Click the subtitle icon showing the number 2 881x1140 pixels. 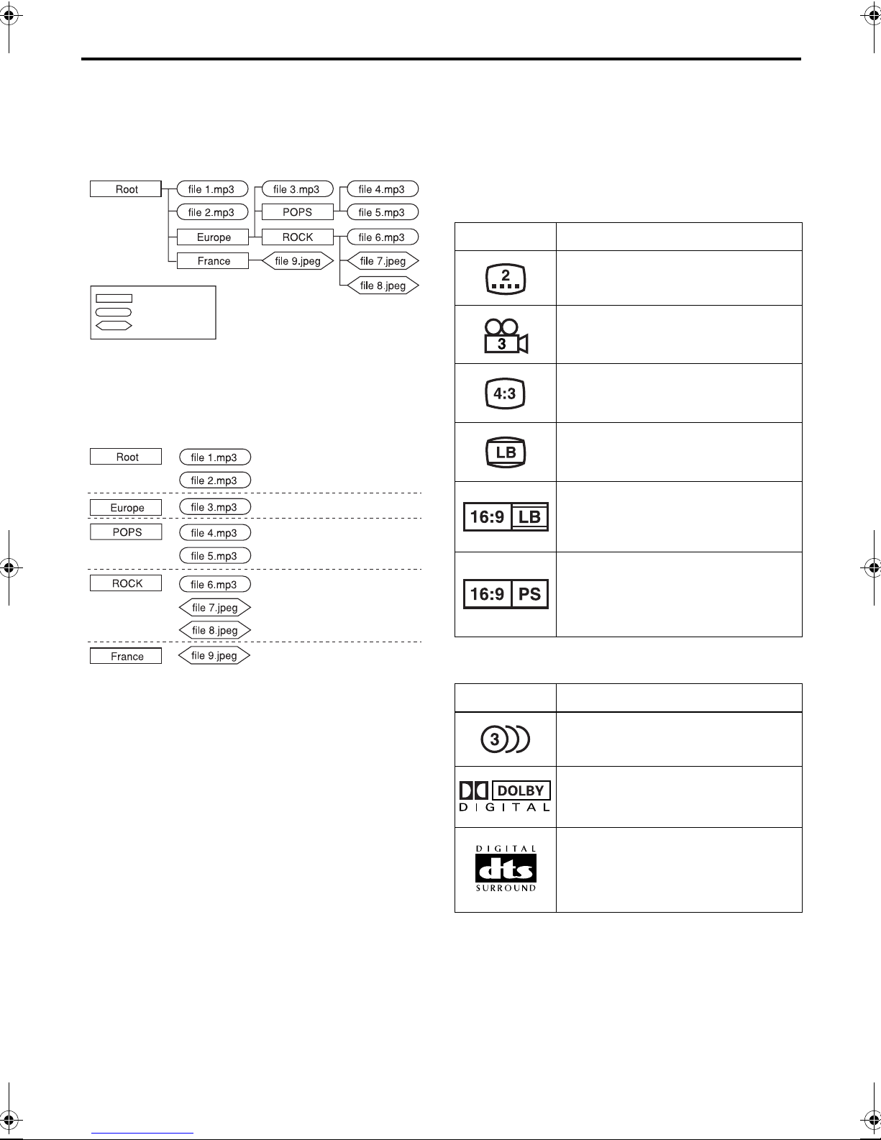[506, 278]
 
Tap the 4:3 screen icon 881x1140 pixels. [505, 393]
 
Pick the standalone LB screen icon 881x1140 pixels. [506, 452]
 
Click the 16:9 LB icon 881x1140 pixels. [506, 516]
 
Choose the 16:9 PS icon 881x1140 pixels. [506, 594]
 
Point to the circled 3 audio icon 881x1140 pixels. [505, 739]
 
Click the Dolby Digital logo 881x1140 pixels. [504, 796]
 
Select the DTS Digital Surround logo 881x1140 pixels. [506, 868]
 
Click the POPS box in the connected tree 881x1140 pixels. [297, 212]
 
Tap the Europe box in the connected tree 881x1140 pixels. [213, 237]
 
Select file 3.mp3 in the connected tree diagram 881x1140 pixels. [297, 189]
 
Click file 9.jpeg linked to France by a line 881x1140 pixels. [298, 261]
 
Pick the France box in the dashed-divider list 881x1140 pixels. [126, 656]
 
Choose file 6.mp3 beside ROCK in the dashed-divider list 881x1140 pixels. [215, 584]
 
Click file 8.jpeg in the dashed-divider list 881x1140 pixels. [215, 630]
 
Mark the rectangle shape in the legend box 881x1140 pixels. [114, 298]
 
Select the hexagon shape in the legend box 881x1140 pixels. [114, 326]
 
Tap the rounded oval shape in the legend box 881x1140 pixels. [114, 312]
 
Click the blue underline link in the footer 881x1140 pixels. [142, 1133]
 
